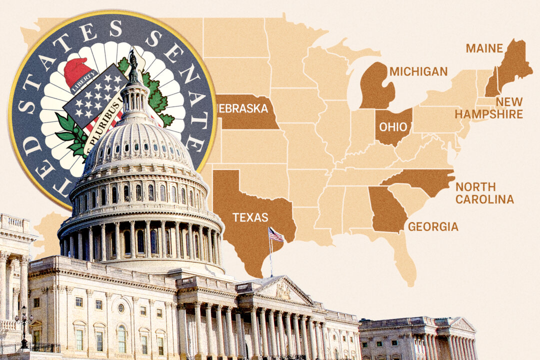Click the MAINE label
pyautogui.click(x=484, y=48)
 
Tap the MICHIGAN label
pyautogui.click(x=418, y=71)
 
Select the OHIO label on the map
pyautogui.click(x=393, y=126)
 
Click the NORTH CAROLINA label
pyautogui.click(x=484, y=193)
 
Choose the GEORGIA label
pyautogui.click(x=433, y=227)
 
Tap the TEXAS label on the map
pyautogui.click(x=250, y=217)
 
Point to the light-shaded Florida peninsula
pyautogui.click(x=405, y=257)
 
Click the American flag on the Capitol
pyautogui.click(x=275, y=234)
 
